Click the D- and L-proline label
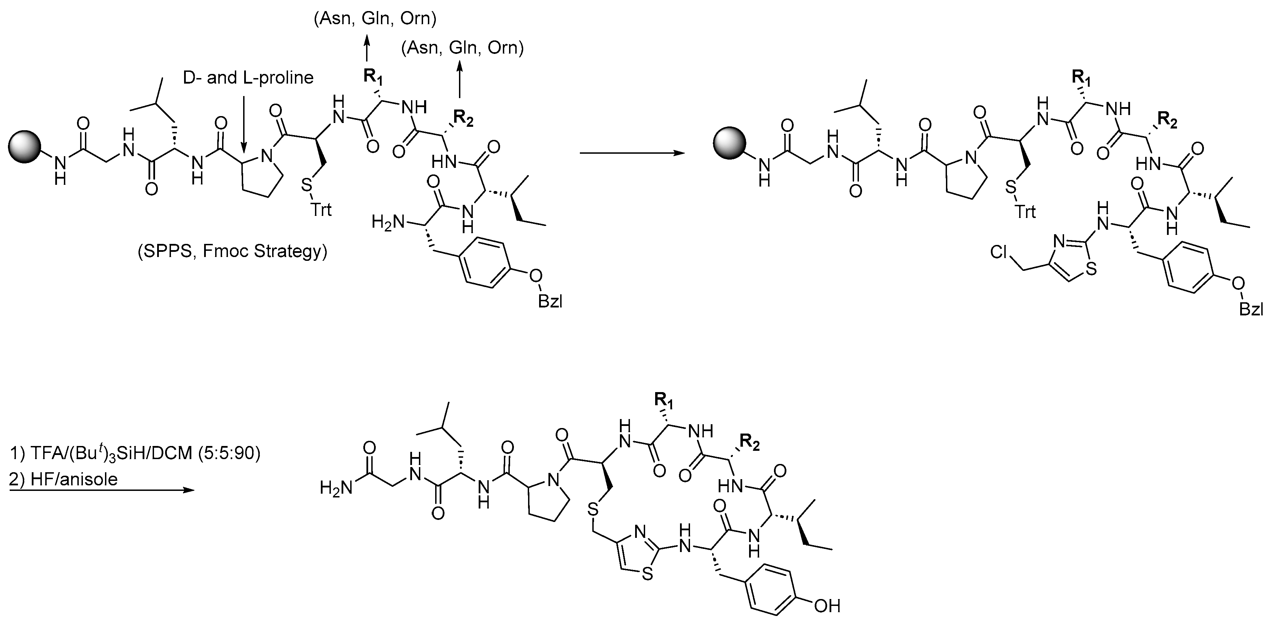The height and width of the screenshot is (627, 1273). point(248,78)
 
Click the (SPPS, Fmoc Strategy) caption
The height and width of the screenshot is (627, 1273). point(232,251)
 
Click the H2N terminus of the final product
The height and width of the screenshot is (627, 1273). point(336,488)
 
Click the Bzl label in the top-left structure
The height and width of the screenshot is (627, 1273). point(549,301)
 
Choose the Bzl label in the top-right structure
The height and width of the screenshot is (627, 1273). point(1251,310)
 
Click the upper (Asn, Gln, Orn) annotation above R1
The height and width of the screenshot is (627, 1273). point(375,19)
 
